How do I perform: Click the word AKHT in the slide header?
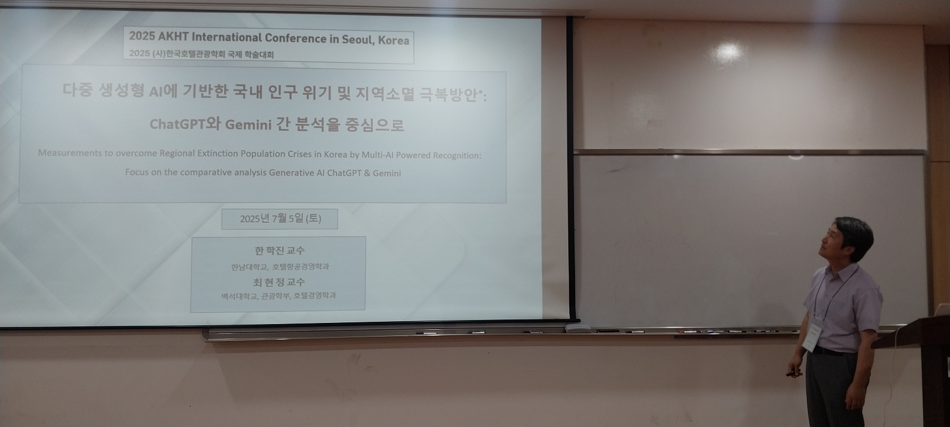(x=173, y=37)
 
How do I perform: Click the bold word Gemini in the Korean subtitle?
(x=248, y=124)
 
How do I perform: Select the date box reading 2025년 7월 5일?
(x=279, y=219)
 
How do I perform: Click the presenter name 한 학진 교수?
(x=279, y=251)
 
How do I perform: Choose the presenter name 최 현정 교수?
(x=279, y=282)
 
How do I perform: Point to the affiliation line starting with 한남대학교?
(x=280, y=266)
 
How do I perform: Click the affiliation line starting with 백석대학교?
(x=278, y=296)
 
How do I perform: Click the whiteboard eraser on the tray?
(x=577, y=328)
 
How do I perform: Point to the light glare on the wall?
(x=728, y=52)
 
